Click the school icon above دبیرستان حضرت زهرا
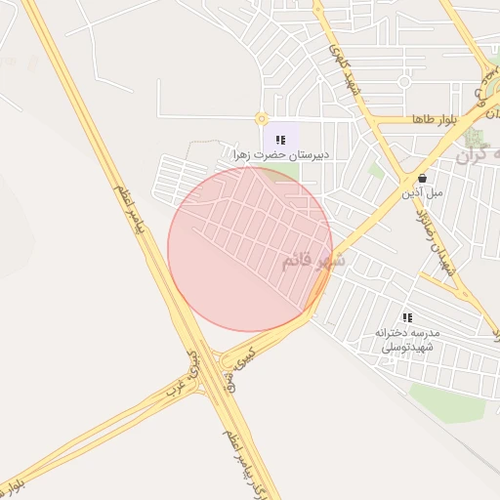click(x=281, y=141)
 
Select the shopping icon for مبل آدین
click(x=422, y=179)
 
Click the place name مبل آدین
click(x=422, y=193)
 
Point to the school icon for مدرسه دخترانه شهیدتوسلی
click(x=407, y=317)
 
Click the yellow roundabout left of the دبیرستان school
click(x=261, y=119)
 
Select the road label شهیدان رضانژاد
click(x=436, y=239)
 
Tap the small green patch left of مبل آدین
click(x=376, y=170)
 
